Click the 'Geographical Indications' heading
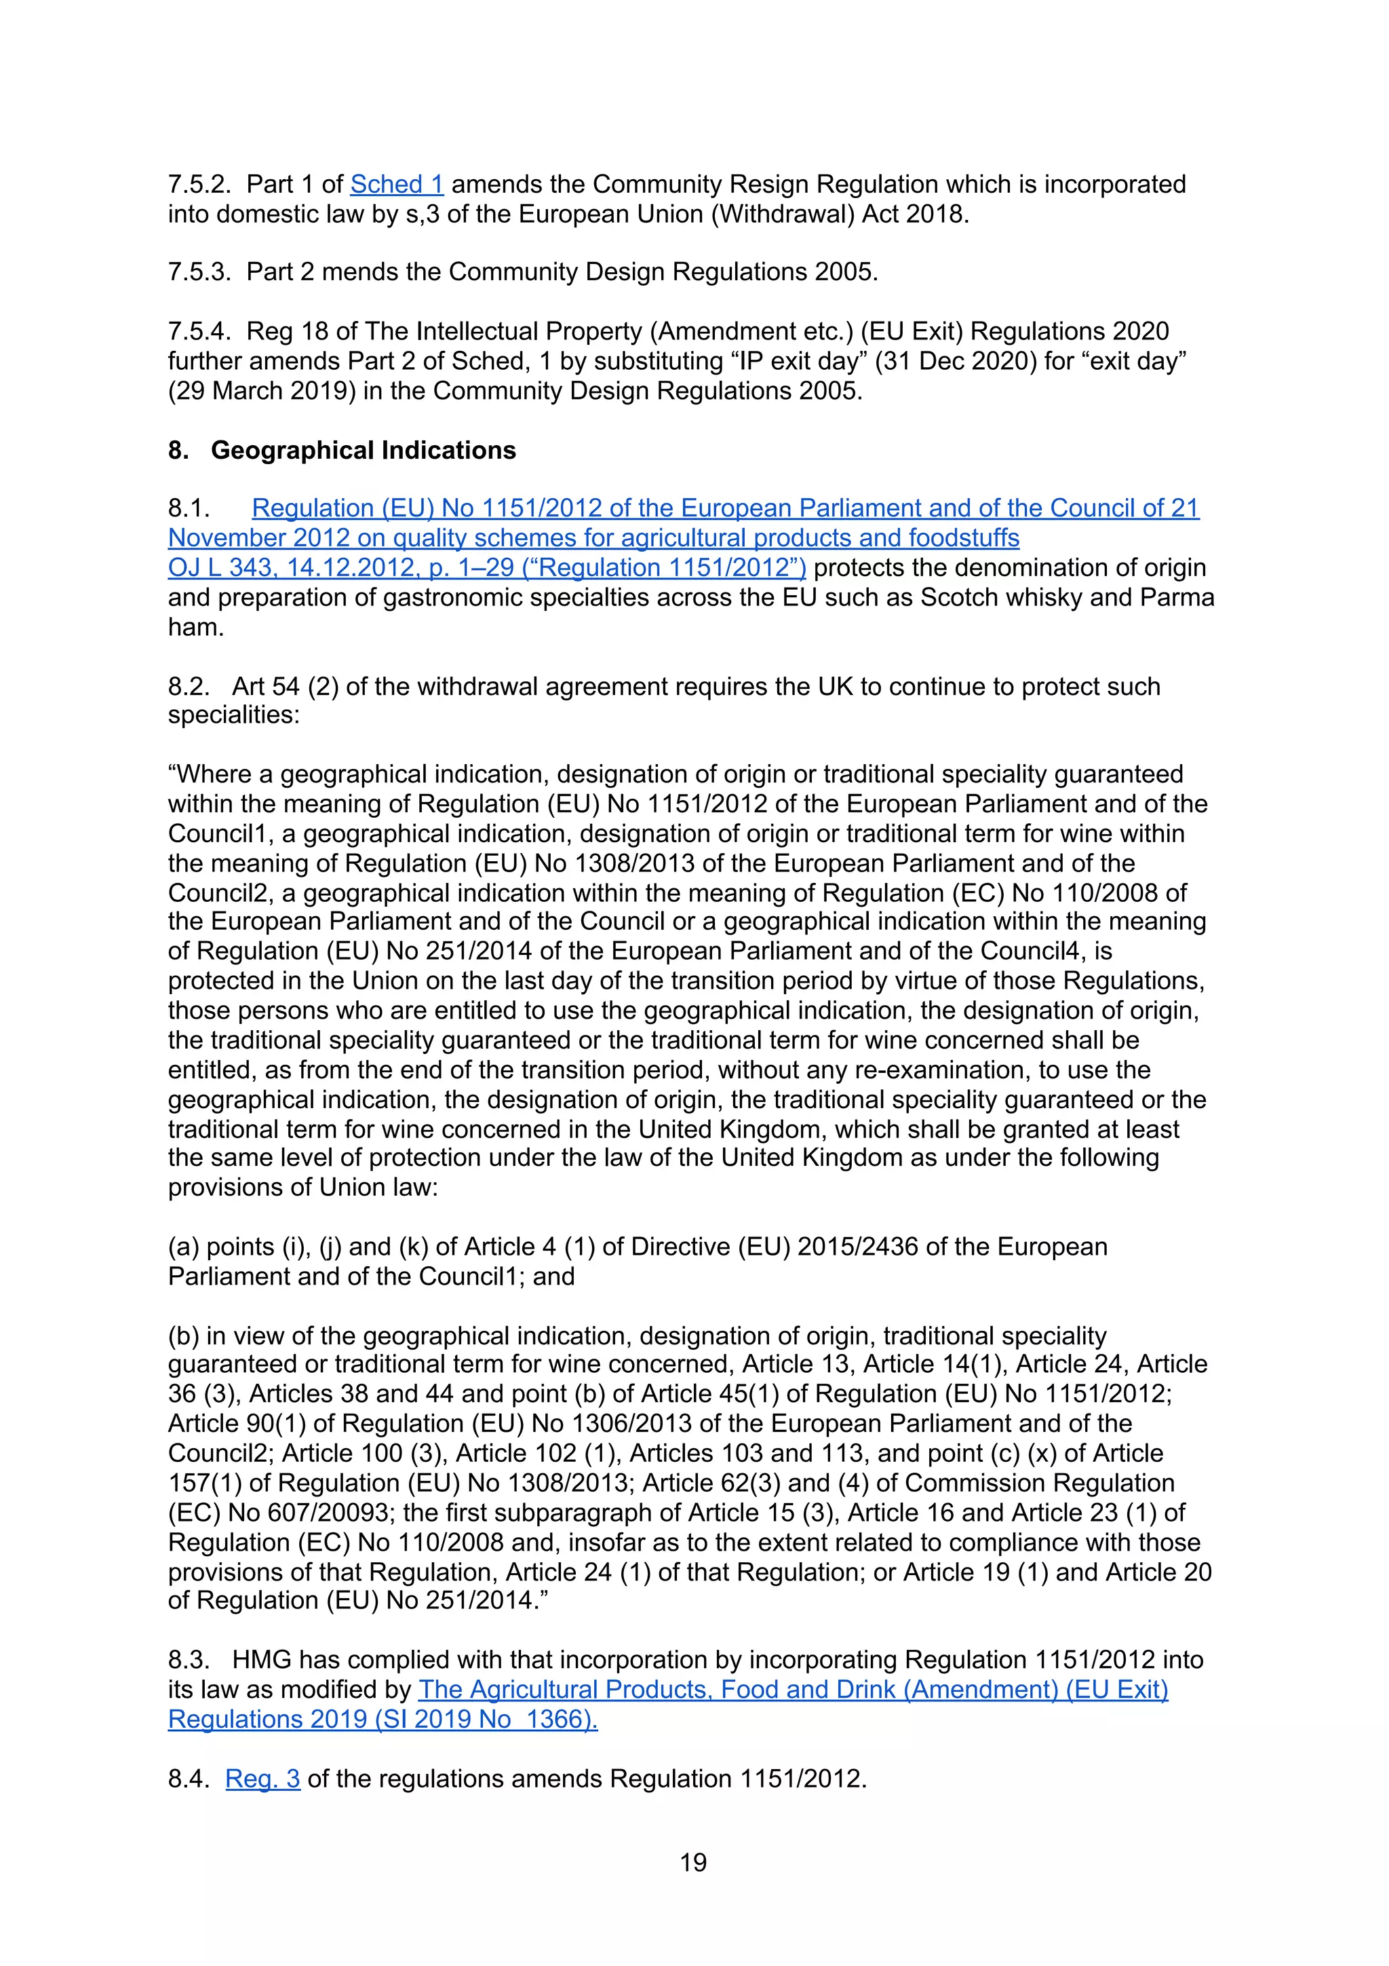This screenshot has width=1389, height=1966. click(363, 451)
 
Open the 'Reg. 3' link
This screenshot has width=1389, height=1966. click(262, 1779)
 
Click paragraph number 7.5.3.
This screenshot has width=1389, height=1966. click(199, 272)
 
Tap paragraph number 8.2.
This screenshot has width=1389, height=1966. click(189, 687)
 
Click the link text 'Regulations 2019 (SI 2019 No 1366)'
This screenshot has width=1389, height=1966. click(382, 1720)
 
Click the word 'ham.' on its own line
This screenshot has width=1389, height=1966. click(195, 627)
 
